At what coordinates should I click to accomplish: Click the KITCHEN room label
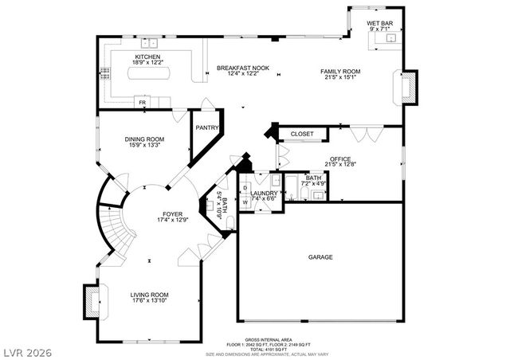pyautogui.click(x=147, y=57)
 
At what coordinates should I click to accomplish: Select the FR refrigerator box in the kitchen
pyautogui.click(x=142, y=103)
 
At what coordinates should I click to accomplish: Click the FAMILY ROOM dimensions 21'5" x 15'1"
pyautogui.click(x=340, y=78)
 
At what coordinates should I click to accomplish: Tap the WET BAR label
pyautogui.click(x=379, y=23)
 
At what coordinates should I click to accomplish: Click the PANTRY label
pyautogui.click(x=207, y=127)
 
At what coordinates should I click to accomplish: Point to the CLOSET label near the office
pyautogui.click(x=301, y=134)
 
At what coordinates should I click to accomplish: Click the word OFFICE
pyautogui.click(x=340, y=158)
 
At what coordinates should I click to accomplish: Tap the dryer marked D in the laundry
pyautogui.click(x=245, y=189)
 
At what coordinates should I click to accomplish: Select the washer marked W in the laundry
pyautogui.click(x=245, y=202)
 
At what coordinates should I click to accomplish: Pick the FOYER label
pyautogui.click(x=172, y=214)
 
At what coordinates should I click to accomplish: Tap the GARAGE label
pyautogui.click(x=321, y=257)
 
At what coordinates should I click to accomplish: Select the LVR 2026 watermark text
pyautogui.click(x=25, y=348)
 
